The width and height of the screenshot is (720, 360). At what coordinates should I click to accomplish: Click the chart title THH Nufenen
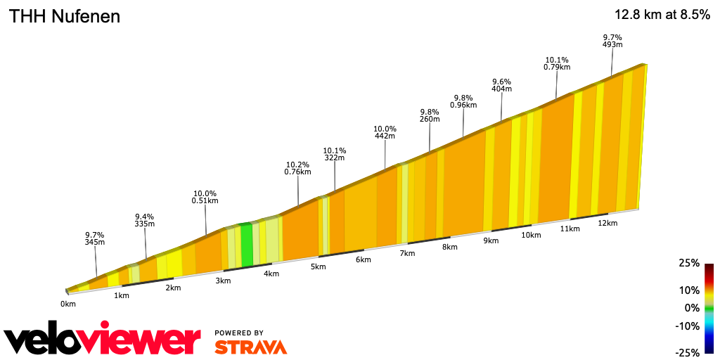(64, 16)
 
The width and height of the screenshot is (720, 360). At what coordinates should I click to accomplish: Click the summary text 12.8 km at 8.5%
(662, 15)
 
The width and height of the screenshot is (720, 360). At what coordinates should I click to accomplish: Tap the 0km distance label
(67, 304)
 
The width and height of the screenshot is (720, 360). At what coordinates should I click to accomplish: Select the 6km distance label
(363, 259)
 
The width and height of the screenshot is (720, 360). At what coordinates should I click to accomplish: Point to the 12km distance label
(607, 223)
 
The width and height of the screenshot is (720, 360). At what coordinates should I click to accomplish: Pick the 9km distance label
(491, 240)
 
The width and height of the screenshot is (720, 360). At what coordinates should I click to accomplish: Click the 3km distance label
(223, 281)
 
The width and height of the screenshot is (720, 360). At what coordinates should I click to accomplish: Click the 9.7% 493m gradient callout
(612, 41)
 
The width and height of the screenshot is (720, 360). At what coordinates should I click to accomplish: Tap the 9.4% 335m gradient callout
(144, 220)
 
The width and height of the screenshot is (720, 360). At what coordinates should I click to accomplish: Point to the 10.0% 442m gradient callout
(385, 132)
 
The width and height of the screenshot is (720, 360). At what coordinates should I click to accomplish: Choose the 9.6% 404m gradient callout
(501, 85)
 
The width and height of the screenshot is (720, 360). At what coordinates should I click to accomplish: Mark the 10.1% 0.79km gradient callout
(557, 63)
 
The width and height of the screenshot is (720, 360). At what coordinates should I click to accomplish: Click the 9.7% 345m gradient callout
(95, 238)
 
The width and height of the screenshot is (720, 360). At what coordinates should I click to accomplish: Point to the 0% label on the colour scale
(693, 308)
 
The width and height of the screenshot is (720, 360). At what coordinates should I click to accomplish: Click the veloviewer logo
(102, 340)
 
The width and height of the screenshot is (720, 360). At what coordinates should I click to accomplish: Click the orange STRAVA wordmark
(250, 347)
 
